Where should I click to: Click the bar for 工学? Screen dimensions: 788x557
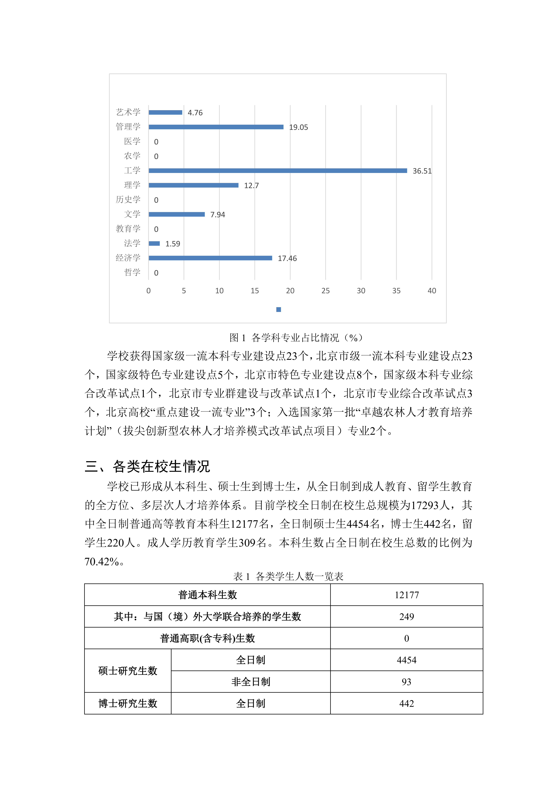(x=278, y=171)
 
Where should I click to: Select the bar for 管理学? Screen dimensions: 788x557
(x=216, y=127)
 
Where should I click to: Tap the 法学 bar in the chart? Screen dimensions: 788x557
(x=154, y=244)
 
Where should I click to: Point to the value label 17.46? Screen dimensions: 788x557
(x=287, y=258)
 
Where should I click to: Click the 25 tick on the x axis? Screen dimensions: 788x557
(x=325, y=291)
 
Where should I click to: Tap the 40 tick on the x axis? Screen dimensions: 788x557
(x=432, y=291)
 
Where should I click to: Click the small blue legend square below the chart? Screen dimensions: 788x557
(x=278, y=310)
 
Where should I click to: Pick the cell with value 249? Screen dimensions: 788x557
(x=406, y=617)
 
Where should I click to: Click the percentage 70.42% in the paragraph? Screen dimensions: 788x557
(x=102, y=562)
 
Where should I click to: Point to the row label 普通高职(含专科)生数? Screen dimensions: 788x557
(x=208, y=638)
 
